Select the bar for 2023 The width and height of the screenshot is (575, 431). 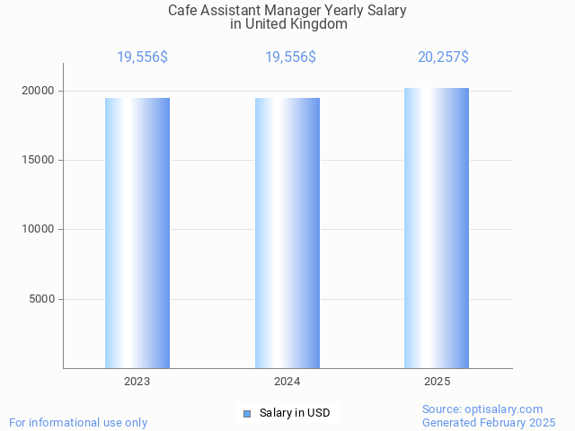(x=137, y=233)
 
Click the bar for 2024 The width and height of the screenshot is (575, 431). (x=287, y=233)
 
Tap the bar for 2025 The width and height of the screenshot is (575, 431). (x=437, y=229)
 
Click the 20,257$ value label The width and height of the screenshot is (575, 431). (x=443, y=57)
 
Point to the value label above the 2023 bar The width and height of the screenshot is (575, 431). (x=142, y=57)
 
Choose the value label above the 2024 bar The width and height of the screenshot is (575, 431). (x=290, y=57)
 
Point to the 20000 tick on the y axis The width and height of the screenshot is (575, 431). (x=39, y=91)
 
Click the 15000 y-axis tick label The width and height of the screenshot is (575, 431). (x=39, y=160)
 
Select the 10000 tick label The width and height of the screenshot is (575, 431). (x=39, y=229)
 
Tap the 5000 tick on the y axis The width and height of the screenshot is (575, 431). (x=42, y=299)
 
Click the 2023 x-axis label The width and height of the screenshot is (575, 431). (x=137, y=382)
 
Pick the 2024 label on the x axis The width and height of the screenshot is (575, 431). (x=287, y=382)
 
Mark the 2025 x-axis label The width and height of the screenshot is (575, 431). (x=437, y=382)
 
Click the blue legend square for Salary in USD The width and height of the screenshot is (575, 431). (x=247, y=413)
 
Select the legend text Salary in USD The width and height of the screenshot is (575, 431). (x=295, y=413)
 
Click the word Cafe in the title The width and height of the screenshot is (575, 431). (x=182, y=11)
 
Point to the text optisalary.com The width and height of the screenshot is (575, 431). (x=508, y=409)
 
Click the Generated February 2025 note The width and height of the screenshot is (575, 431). (x=489, y=422)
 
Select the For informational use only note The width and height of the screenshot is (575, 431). (x=78, y=422)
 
